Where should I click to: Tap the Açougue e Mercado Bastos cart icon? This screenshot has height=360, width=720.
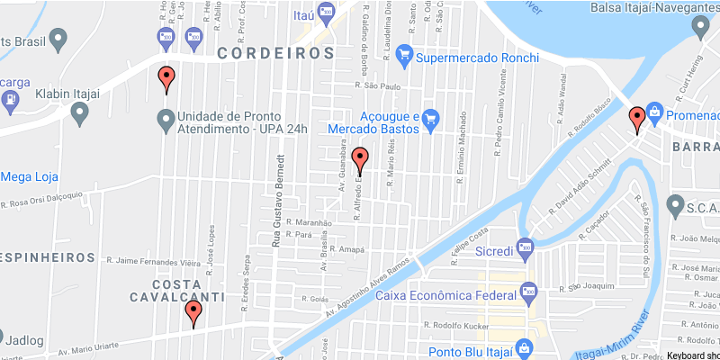430,118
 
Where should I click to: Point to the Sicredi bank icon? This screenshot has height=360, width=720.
526,244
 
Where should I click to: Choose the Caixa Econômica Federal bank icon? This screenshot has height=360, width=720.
528,293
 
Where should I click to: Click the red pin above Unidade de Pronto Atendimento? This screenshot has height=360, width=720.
166,79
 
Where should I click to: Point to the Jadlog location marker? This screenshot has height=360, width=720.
12,340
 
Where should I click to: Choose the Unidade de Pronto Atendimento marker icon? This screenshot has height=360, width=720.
166,118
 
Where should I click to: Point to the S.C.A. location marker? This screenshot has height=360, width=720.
676,208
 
